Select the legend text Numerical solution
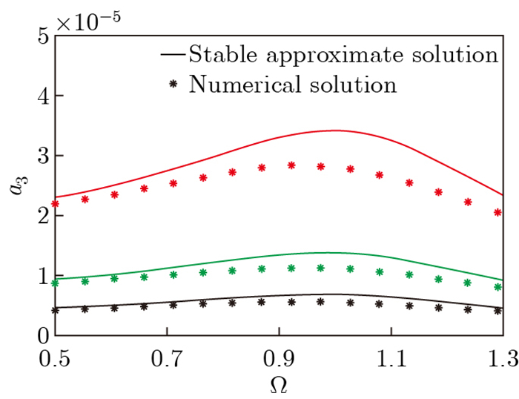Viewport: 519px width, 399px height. [x=292, y=85]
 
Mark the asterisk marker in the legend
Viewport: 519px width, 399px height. [x=173, y=85]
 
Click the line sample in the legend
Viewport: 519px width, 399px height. [x=173, y=55]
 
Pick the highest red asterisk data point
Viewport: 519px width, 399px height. [x=291, y=165]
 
